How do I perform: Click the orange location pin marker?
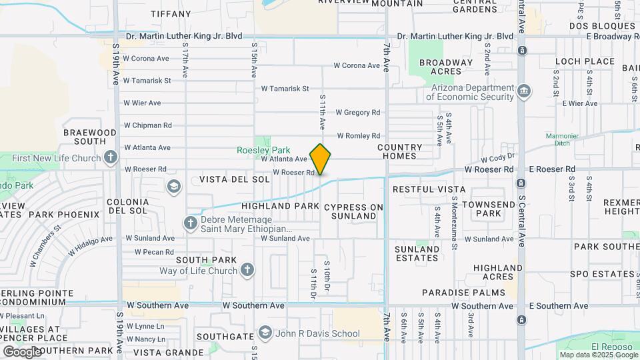[320, 159]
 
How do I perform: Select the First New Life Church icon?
[111, 158]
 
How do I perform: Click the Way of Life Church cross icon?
[247, 270]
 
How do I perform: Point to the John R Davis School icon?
[265, 333]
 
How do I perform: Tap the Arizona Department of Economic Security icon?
[524, 90]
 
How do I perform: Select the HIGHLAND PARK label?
[281, 206]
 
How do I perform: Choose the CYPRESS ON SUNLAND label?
[354, 211]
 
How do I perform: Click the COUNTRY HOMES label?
[400, 152]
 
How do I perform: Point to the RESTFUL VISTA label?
[429, 189]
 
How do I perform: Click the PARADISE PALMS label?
[454, 292]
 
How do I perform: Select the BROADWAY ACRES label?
[445, 67]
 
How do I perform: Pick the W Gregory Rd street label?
[357, 113]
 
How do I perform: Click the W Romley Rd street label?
[358, 135]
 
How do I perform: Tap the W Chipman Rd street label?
[147, 125]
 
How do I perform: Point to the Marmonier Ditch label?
[566, 139]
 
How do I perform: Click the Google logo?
[22, 351]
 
